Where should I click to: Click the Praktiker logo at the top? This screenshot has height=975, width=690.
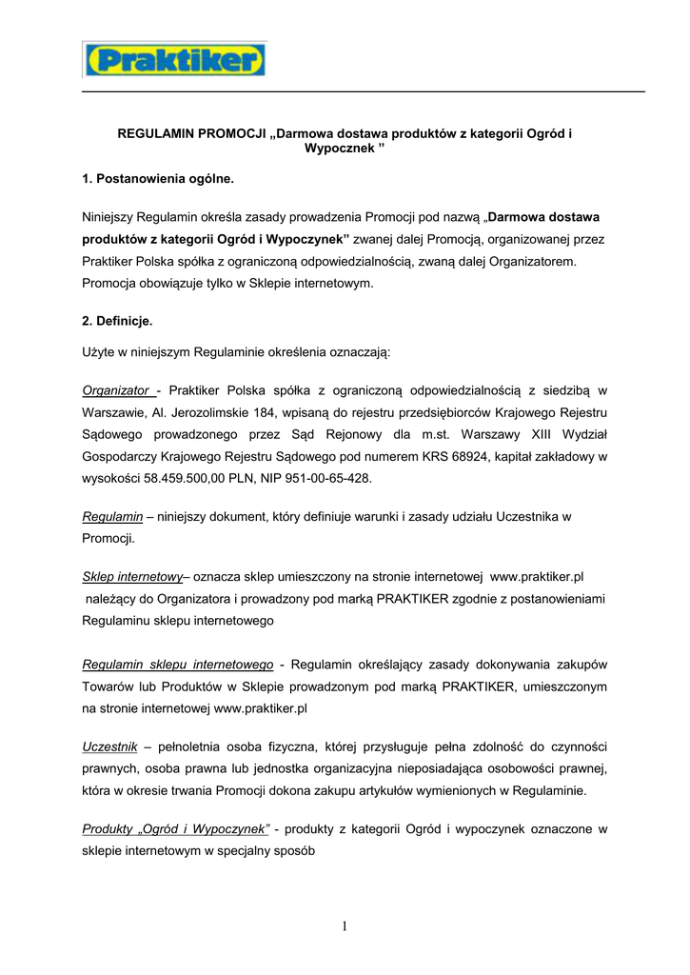click(x=174, y=60)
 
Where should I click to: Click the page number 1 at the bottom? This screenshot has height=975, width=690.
click(x=345, y=926)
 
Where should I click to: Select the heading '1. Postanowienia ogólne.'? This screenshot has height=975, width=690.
click(x=158, y=178)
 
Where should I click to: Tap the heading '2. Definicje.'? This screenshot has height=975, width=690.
click(x=117, y=321)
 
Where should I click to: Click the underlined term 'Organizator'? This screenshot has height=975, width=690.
click(x=118, y=389)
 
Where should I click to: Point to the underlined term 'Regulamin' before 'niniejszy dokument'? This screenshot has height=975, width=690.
click(x=112, y=516)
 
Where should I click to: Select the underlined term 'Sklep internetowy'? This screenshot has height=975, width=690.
click(x=132, y=577)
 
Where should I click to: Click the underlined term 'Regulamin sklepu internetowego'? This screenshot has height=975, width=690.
click(x=178, y=664)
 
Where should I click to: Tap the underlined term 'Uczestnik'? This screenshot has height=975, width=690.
click(x=110, y=746)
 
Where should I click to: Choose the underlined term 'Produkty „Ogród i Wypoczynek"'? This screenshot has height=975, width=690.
click(x=176, y=829)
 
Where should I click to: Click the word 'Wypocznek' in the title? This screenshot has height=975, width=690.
click(x=338, y=149)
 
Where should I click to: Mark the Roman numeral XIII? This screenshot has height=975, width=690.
click(x=538, y=434)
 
